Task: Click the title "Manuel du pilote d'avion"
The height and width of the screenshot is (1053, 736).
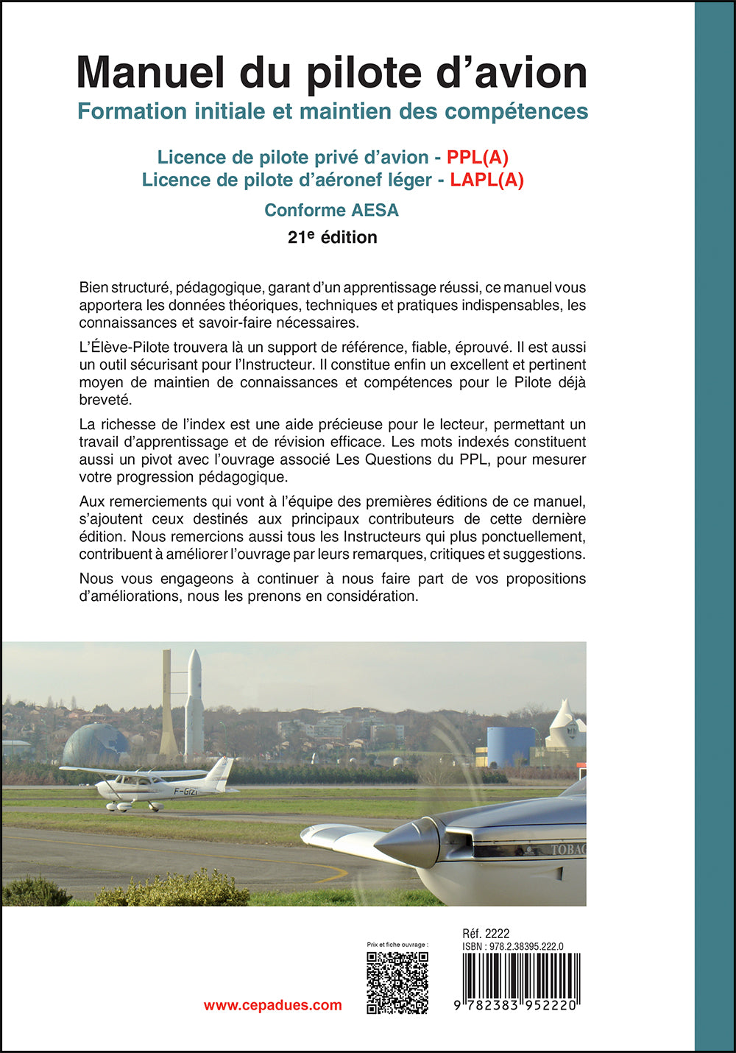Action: click(x=332, y=72)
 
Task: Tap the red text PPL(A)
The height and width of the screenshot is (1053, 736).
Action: click(x=478, y=157)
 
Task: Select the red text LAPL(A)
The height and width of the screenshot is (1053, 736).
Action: click(x=486, y=180)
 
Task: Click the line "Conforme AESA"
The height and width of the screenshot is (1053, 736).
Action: click(x=331, y=210)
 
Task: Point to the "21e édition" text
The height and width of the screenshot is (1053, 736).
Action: click(x=332, y=237)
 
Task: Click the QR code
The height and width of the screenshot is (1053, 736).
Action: click(x=397, y=982)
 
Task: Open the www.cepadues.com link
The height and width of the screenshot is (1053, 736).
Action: click(x=272, y=1005)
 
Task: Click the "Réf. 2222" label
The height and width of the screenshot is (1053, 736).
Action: click(x=486, y=934)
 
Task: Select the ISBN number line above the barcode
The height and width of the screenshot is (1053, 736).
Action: click(x=513, y=946)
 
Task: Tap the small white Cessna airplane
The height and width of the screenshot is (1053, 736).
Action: click(x=151, y=785)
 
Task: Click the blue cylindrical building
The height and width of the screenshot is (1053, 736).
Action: click(x=510, y=746)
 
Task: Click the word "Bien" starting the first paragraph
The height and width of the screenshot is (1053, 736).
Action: click(x=93, y=287)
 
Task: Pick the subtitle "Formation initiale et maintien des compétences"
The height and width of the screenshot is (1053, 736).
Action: click(x=333, y=111)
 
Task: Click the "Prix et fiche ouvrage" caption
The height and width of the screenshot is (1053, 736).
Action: click(x=397, y=944)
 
